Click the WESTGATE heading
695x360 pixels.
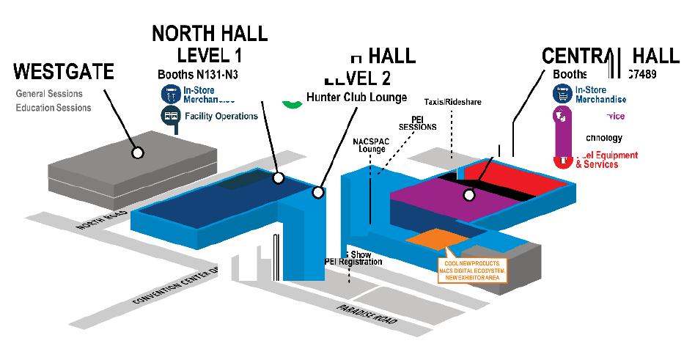tap(65, 72)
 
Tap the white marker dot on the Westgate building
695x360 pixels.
tap(136, 153)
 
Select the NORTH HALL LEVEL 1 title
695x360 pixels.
tap(210, 44)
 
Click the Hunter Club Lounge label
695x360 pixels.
tap(356, 98)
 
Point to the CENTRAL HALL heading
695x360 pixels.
tap(600, 56)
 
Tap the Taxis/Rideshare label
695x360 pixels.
tap(452, 101)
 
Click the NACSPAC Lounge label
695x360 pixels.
tap(367, 144)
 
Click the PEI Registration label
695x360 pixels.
tap(353, 262)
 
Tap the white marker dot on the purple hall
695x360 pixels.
tap(468, 195)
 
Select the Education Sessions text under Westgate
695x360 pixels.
tap(54, 108)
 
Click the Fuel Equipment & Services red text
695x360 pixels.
tap(597, 160)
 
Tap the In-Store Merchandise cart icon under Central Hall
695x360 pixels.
tap(562, 93)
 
